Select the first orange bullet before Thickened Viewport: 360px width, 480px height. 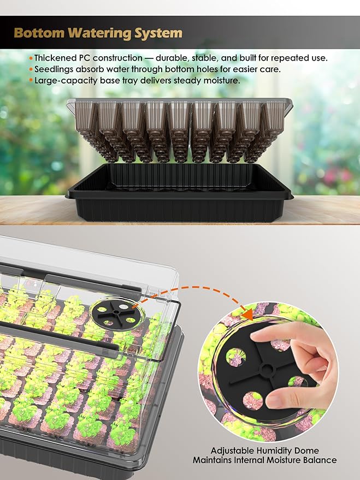pos(31,58)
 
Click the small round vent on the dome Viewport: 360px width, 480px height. pos(109,312)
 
